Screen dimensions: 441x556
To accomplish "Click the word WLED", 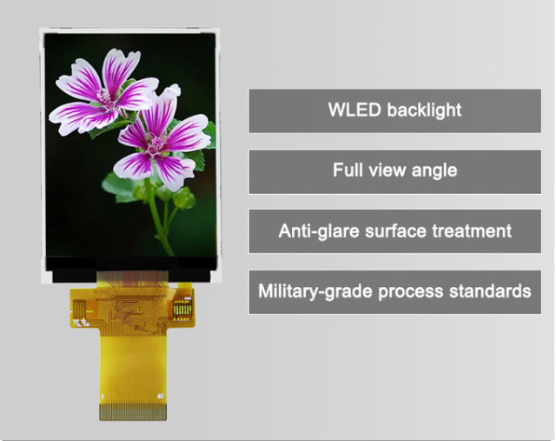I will (x=354, y=110).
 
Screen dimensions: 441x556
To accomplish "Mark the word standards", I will (x=490, y=291).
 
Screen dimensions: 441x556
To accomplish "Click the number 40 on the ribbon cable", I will (x=159, y=397).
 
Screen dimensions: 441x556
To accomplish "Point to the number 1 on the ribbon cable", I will (x=103, y=397).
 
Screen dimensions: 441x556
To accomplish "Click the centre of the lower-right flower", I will (x=157, y=145).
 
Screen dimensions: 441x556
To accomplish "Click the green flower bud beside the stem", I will (x=183, y=199).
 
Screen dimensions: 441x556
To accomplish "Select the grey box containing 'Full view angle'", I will (x=394, y=170).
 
